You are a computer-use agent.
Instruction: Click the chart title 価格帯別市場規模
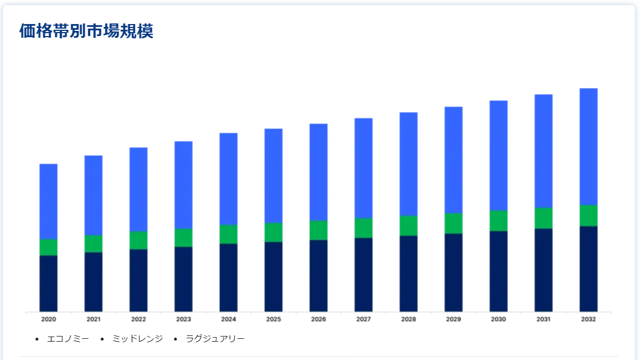[86, 31]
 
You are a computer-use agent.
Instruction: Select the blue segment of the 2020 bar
[49, 201]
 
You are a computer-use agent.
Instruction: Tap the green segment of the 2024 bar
[228, 234]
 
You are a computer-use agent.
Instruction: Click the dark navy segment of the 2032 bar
[588, 268]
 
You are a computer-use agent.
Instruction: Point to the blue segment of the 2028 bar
[408, 164]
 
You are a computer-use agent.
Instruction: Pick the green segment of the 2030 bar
[499, 220]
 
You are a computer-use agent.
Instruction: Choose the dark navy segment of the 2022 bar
[139, 280]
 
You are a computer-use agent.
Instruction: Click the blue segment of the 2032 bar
[588, 147]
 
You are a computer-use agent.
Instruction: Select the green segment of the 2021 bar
[93, 243]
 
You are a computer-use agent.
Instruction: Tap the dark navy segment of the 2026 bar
[318, 275]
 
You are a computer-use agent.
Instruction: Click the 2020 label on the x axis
[49, 319]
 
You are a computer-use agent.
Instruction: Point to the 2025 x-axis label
[274, 319]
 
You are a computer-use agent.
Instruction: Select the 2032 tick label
[588, 319]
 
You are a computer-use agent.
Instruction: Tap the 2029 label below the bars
[453, 319]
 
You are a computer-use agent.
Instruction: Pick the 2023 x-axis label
[184, 319]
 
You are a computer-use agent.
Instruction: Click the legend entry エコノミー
[68, 339]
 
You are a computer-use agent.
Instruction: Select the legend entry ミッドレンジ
[137, 339]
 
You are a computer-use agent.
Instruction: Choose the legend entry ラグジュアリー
[215, 339]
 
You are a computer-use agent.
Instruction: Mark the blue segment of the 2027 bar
[364, 168]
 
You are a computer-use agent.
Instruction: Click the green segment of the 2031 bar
[543, 218]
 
